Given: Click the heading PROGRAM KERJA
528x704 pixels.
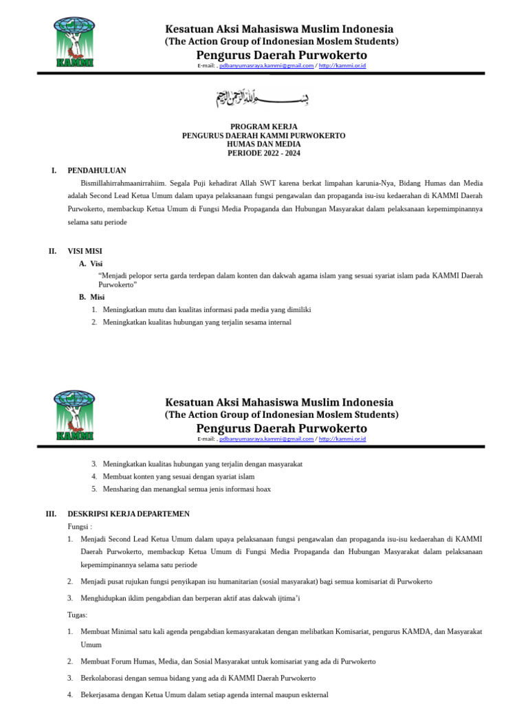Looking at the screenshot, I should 263,127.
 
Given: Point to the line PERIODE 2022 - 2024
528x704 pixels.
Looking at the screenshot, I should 263,153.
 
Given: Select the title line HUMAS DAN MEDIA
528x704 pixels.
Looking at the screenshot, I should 263,144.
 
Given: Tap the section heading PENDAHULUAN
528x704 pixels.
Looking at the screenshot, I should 96,170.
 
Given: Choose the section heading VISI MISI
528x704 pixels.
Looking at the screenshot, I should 85,252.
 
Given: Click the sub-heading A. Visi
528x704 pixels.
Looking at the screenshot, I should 91,263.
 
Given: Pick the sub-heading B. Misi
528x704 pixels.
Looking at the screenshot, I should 91,297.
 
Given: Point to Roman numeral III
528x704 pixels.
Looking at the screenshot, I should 51,514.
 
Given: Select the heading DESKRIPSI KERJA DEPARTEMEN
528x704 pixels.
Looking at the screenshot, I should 129,514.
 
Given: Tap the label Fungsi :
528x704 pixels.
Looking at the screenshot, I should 80,526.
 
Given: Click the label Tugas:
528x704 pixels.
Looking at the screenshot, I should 78,615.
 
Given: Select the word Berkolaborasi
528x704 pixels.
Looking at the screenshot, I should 102,678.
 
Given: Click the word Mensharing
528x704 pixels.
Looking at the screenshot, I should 120,489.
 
